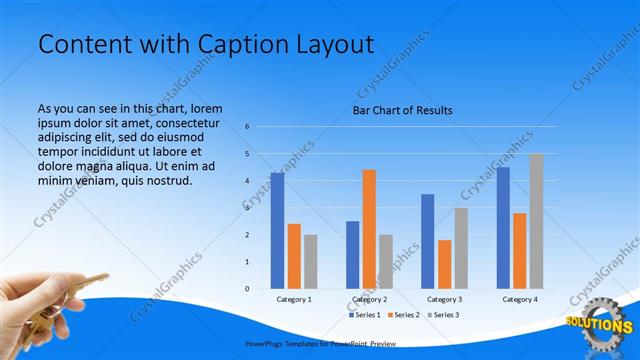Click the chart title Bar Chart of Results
(402, 110)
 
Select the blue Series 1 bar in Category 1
(277, 230)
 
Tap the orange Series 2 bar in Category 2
(369, 229)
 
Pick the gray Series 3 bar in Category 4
(537, 221)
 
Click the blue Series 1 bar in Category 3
(428, 241)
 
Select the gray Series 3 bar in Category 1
(311, 261)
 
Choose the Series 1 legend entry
(364, 315)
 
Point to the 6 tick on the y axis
(247, 127)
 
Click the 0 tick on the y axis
(247, 289)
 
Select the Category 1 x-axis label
(294, 299)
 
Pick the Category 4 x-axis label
(520, 299)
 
